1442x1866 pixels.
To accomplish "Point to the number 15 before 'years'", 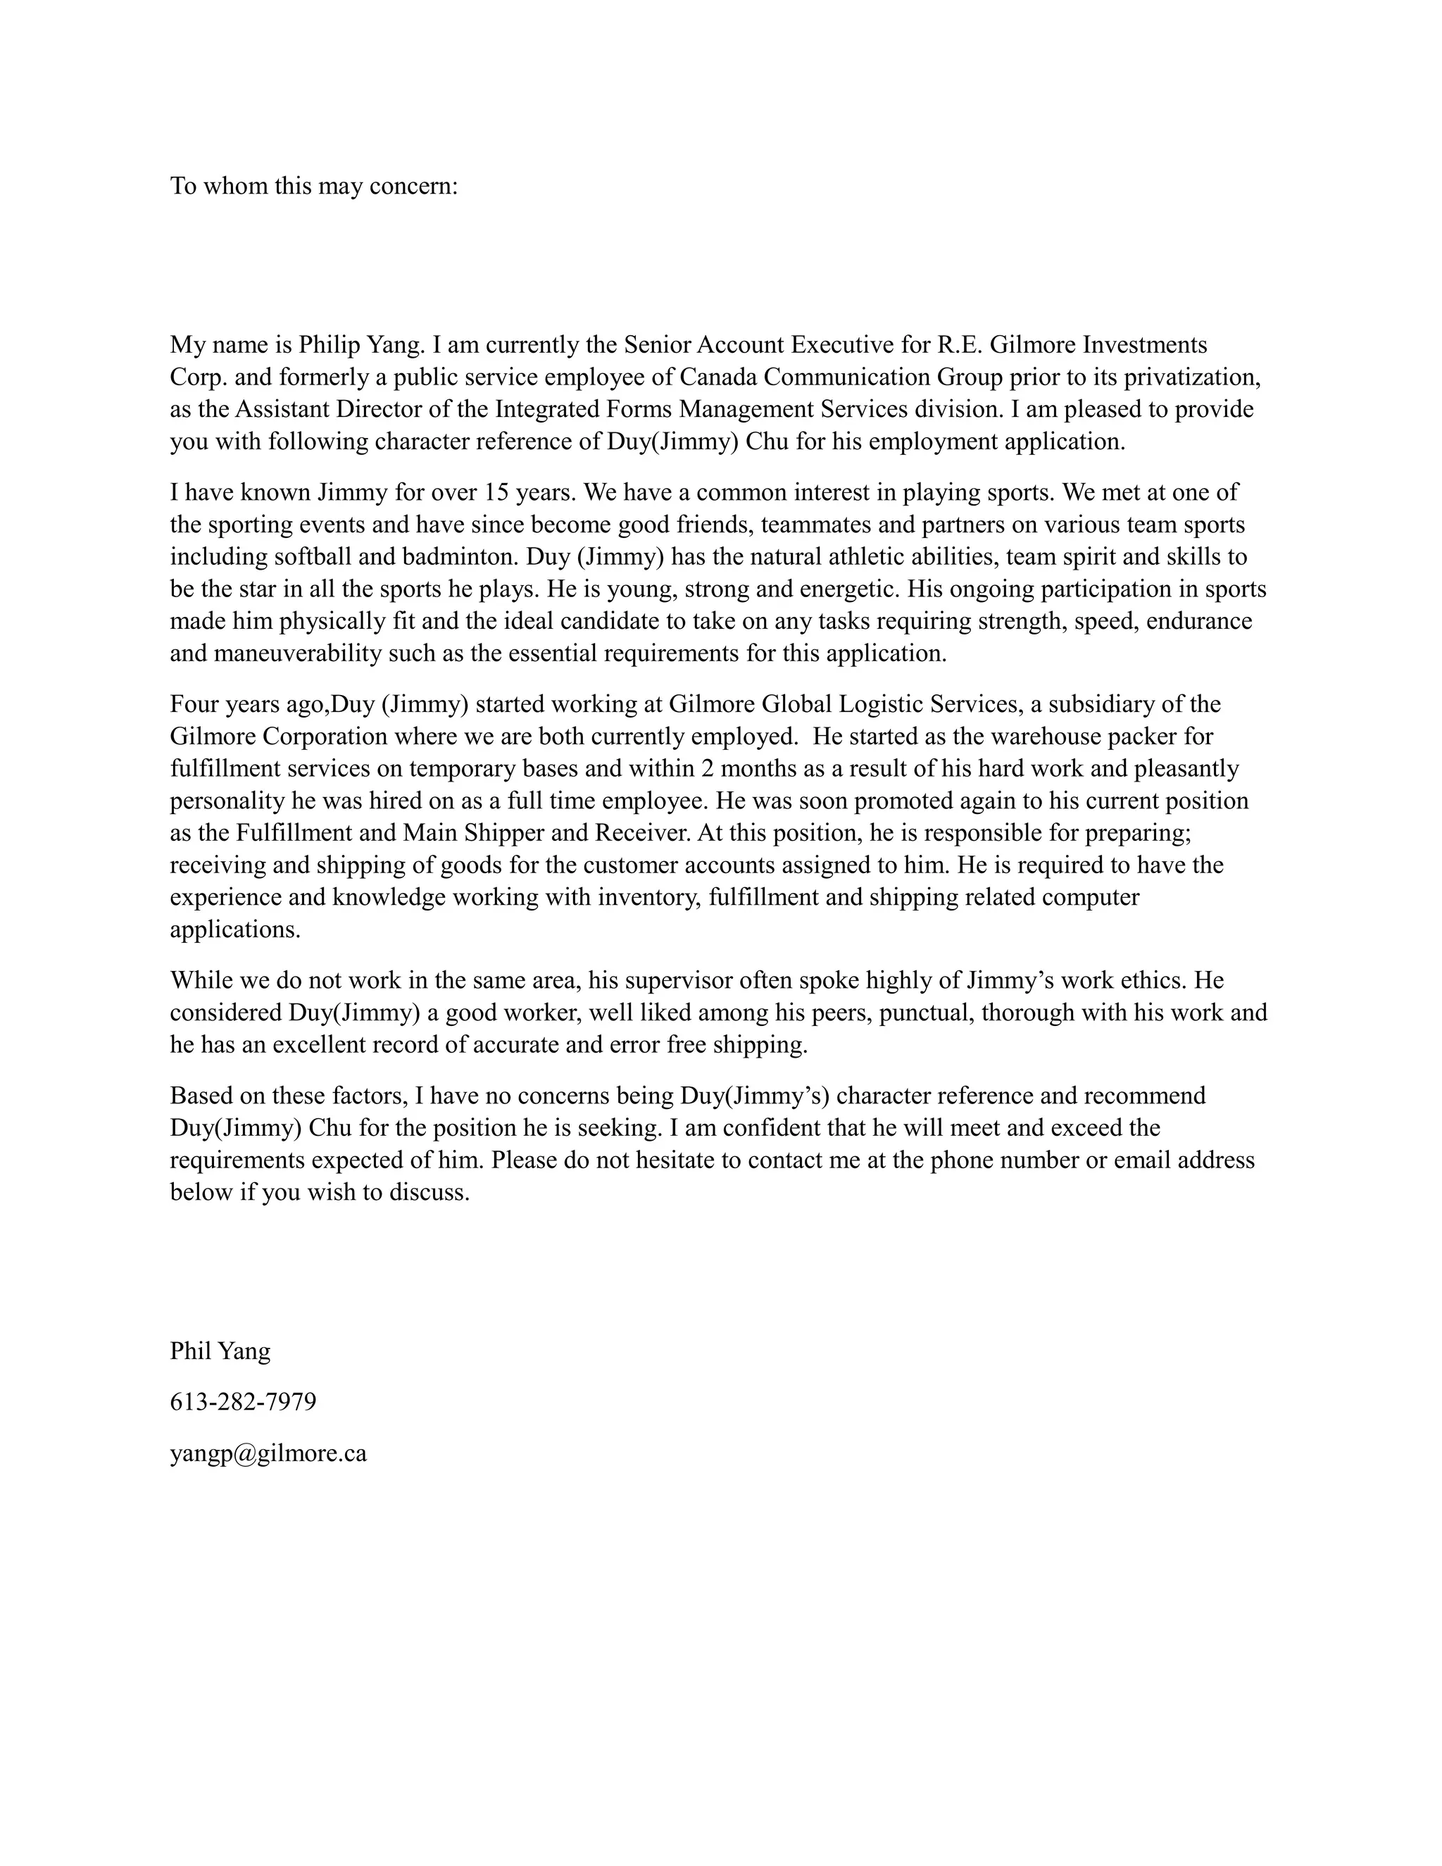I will [496, 493].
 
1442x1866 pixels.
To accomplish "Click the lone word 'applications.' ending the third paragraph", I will [235, 929].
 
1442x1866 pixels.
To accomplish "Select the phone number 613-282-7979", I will [243, 1402].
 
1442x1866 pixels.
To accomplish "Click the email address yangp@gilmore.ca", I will [268, 1453].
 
